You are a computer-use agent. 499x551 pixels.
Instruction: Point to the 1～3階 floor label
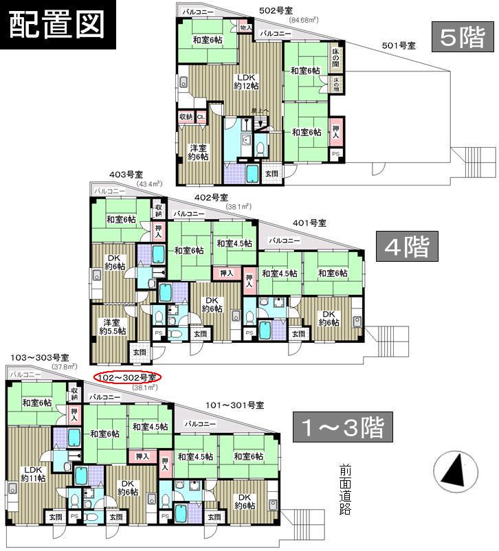pos(341,427)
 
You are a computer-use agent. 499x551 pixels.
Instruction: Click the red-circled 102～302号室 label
pos(126,377)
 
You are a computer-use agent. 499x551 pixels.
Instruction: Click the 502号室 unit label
pos(276,11)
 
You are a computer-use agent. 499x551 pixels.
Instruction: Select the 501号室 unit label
pos(398,45)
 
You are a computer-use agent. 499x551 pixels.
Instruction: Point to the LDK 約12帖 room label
pos(246,81)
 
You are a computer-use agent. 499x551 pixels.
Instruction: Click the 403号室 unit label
pos(125,175)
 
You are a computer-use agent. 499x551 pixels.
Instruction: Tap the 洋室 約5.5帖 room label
pos(113,326)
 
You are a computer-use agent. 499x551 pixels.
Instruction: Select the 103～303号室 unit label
pos(39,357)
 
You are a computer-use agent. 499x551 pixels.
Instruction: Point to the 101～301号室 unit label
pos(235,406)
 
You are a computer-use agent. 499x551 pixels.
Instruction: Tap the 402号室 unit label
pos(210,197)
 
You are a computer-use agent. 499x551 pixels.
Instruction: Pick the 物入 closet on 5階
pos(245,27)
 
